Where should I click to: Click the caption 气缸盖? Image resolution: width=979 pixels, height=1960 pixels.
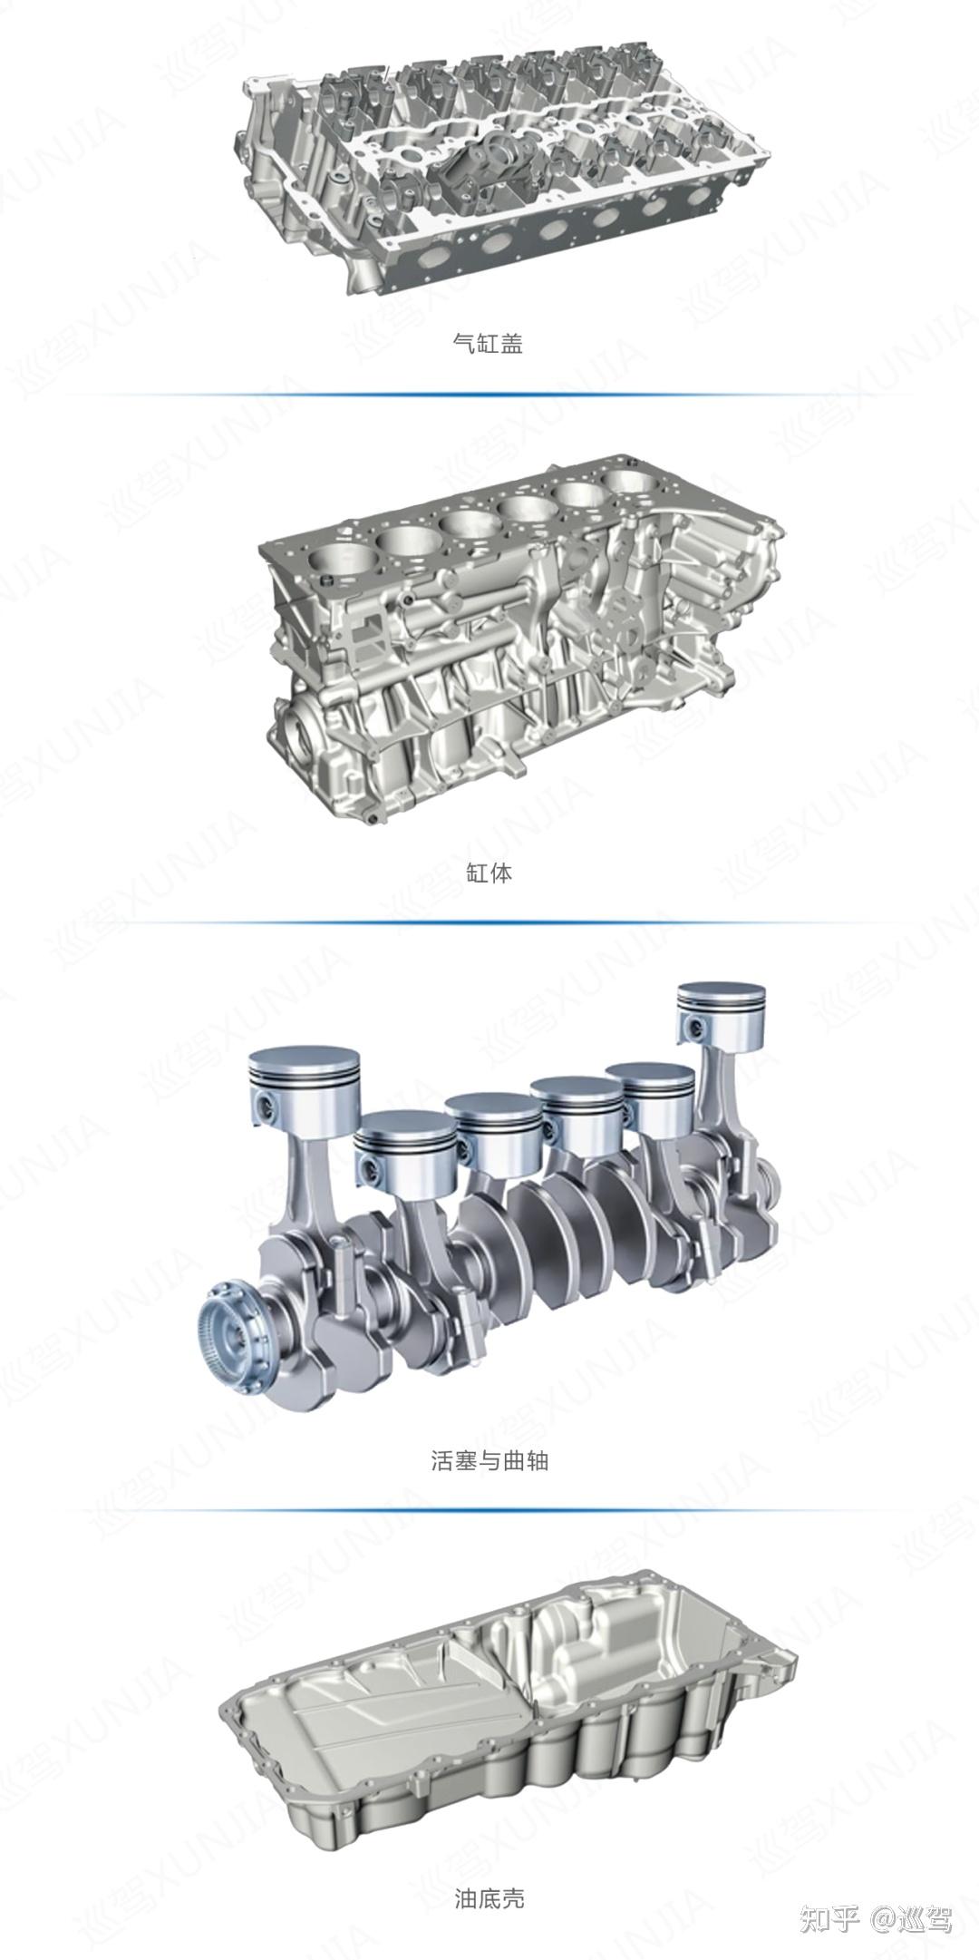[488, 344]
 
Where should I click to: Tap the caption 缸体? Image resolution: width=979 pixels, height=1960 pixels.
[489, 873]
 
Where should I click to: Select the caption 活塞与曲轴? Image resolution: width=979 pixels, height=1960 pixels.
[489, 1460]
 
